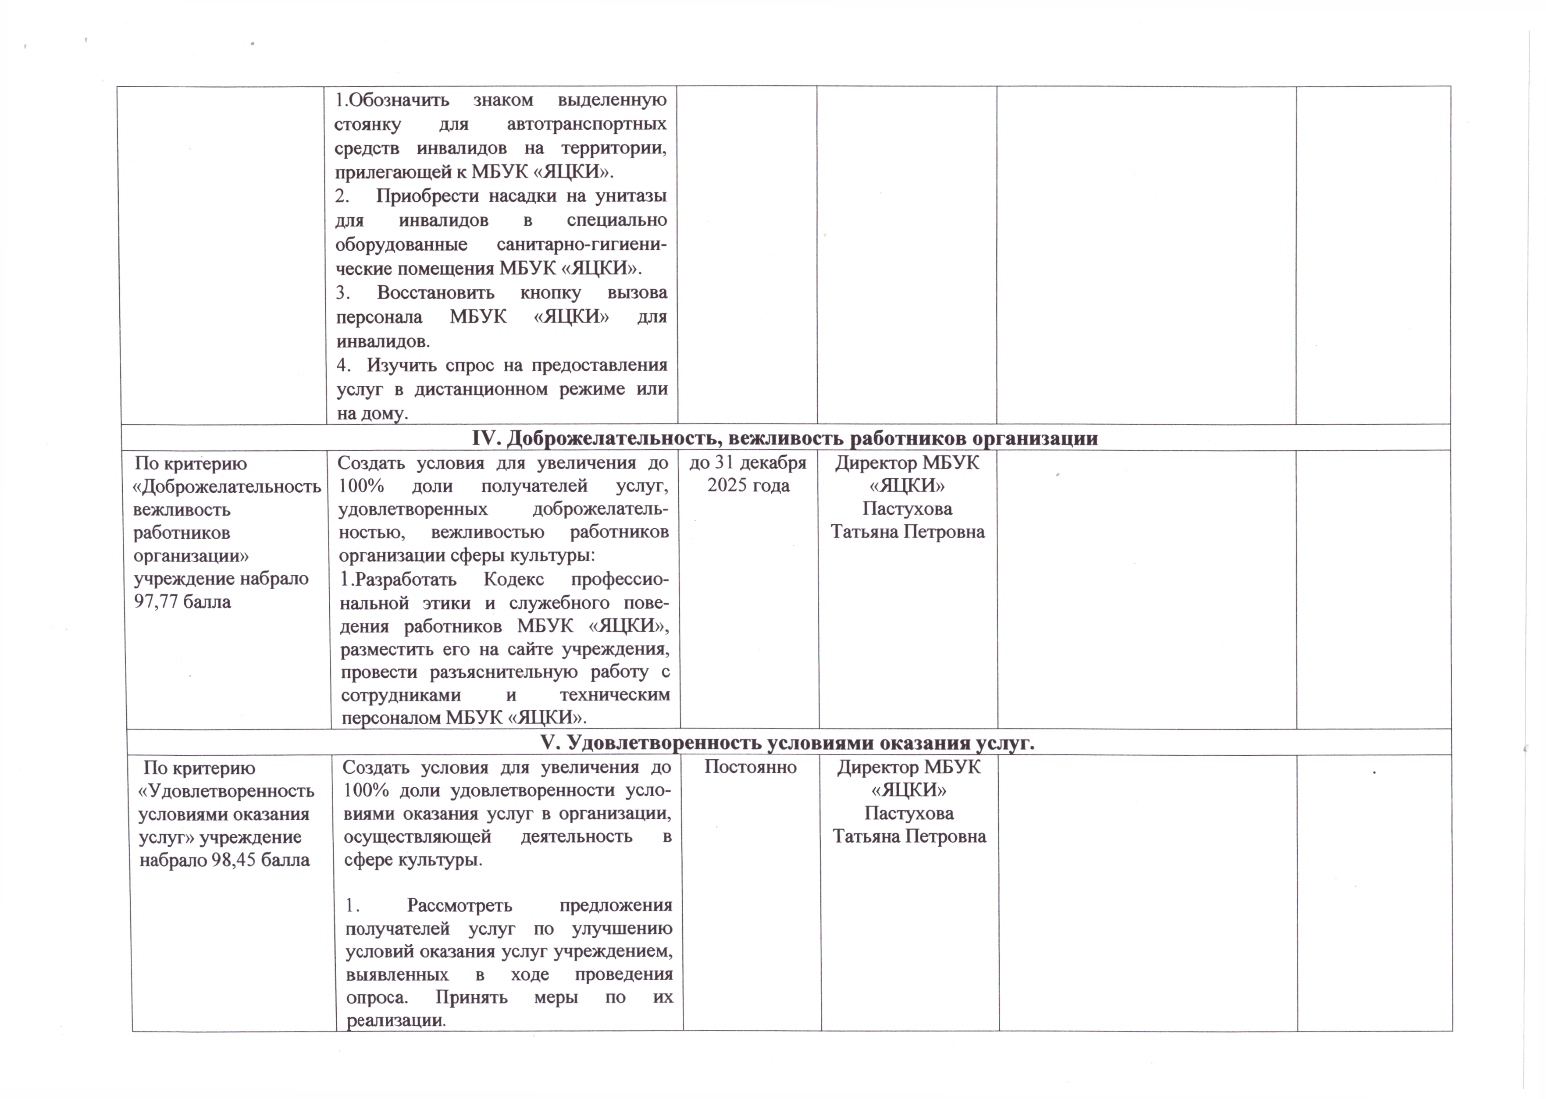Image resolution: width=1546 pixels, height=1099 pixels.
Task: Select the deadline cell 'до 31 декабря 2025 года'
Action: [x=748, y=474]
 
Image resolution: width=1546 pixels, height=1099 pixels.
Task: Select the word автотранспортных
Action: [x=586, y=124]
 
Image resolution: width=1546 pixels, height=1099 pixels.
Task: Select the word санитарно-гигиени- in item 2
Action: [x=581, y=244]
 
